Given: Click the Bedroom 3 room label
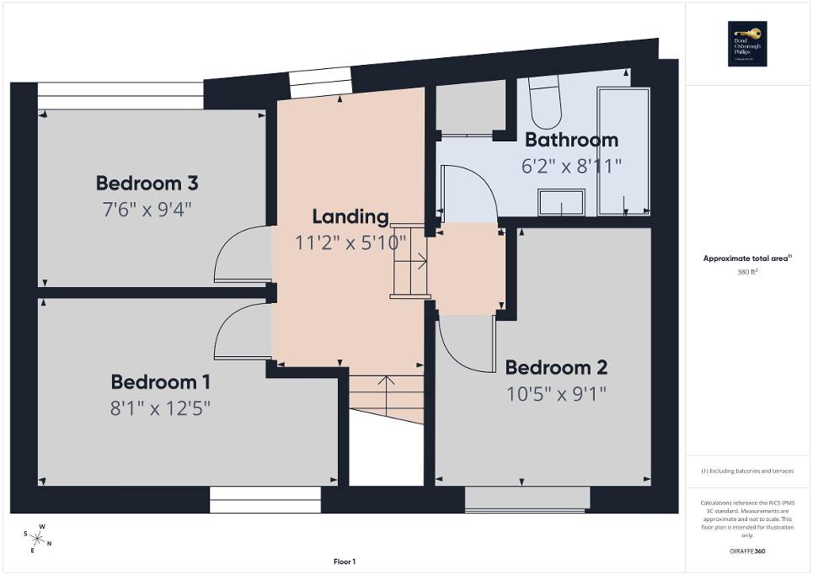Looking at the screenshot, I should coord(147,183).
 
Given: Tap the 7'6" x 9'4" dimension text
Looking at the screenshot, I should coord(147,209).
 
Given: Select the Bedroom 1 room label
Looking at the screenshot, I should coord(160,382).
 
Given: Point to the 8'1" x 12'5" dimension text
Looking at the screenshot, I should coord(160,408).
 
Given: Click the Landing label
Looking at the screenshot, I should coord(350,216).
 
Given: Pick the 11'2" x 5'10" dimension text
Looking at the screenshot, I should coord(350,242).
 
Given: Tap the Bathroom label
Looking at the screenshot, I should coord(571,140).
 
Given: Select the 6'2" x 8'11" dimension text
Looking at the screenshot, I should coord(571,166).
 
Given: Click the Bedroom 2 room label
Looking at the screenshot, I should coord(556,367).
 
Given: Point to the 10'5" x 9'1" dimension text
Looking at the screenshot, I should coord(556,393).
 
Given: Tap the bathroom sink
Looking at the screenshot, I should coord(561,202).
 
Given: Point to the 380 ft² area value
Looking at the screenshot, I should coord(747,272).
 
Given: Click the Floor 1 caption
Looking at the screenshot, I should coord(345,562).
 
